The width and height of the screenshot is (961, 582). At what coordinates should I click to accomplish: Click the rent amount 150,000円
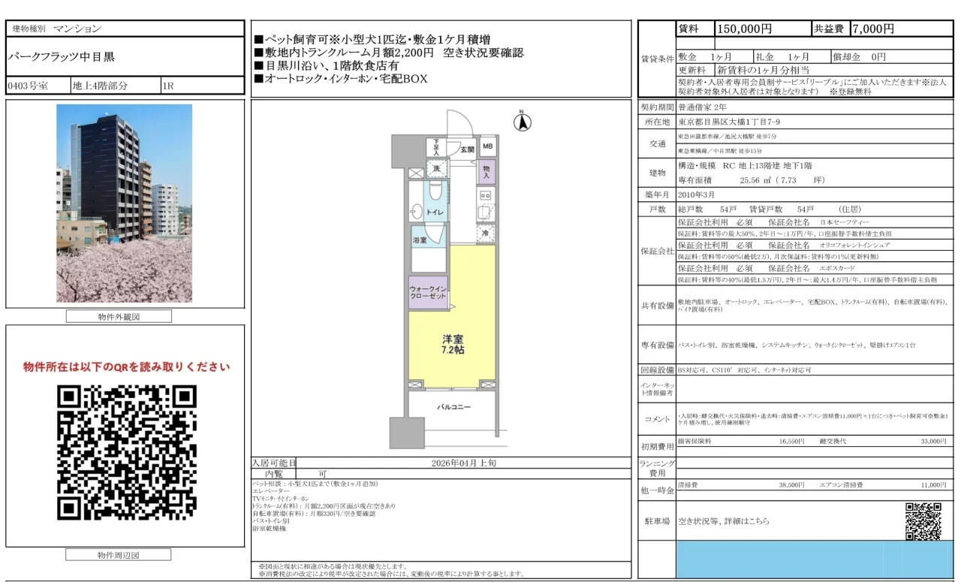(x=745, y=29)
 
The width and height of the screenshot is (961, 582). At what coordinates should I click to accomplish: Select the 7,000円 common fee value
(x=872, y=29)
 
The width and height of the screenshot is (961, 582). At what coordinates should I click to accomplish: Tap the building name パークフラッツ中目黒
(x=62, y=56)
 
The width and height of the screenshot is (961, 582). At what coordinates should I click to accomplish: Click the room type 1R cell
(x=168, y=86)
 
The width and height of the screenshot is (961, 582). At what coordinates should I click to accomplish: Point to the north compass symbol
(x=523, y=121)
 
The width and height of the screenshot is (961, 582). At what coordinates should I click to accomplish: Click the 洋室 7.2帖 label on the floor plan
(x=452, y=345)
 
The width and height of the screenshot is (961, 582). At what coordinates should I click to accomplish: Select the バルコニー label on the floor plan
(x=454, y=407)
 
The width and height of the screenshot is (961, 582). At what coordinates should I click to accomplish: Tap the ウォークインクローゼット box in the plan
(x=428, y=292)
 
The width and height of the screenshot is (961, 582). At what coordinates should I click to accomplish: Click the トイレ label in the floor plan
(x=435, y=213)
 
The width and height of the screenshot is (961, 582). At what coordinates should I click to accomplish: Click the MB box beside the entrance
(x=487, y=147)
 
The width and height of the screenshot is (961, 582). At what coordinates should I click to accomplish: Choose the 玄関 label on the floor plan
(x=467, y=149)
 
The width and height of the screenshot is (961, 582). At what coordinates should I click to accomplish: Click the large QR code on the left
(x=126, y=452)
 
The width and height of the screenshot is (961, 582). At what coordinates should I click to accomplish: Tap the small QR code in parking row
(x=923, y=520)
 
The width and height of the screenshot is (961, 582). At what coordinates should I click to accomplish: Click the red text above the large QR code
(x=126, y=367)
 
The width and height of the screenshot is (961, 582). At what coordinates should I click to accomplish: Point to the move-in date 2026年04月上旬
(x=463, y=463)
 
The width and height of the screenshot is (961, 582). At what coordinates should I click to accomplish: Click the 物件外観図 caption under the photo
(x=119, y=317)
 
